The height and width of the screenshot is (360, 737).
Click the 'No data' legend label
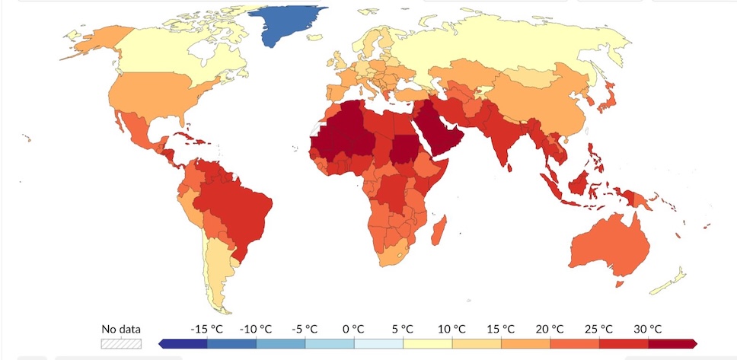[121, 330]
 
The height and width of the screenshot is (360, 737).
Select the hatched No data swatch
[121, 343]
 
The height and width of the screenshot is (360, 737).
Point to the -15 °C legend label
[207, 329]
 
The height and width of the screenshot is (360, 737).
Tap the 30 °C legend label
[647, 329]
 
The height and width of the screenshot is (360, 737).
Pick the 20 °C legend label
[550, 329]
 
